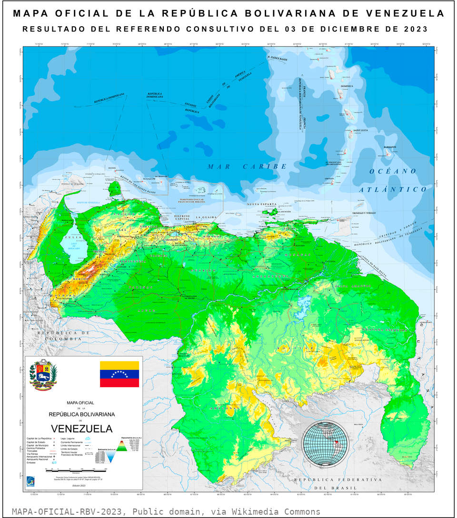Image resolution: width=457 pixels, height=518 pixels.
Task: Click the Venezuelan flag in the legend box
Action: [119, 373]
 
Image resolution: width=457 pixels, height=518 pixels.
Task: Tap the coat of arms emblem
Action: [43, 375]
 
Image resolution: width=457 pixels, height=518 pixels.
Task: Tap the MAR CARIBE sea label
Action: [247, 166]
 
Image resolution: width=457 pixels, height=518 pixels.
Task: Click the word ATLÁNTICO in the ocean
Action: [393, 189]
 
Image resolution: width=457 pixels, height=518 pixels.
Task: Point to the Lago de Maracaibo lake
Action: [72, 245]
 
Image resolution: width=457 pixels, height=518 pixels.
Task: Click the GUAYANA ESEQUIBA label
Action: [385, 329]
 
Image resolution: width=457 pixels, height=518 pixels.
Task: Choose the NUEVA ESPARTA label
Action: [261, 204]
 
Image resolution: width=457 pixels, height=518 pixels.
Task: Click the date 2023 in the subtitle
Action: [415, 29]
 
